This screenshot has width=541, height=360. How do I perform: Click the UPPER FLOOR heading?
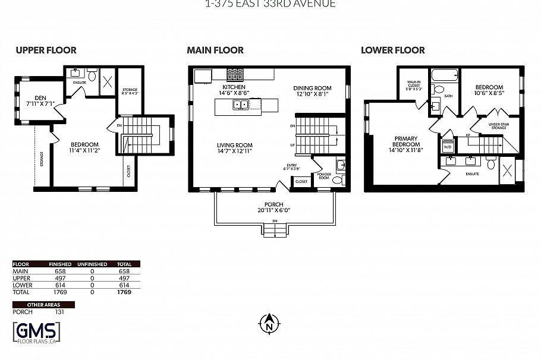point(46,50)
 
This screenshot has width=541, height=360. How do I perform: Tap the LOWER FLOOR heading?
point(393,50)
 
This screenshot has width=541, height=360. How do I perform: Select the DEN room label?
point(40,98)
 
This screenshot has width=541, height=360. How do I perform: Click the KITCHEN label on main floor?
point(234,87)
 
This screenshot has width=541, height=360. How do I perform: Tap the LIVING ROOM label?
point(234,145)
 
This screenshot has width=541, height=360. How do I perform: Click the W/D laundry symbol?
point(447,146)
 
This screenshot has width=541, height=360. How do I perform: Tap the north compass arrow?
point(269,323)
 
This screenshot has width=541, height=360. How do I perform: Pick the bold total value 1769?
point(124,292)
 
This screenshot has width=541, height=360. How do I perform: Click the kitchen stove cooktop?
point(234,74)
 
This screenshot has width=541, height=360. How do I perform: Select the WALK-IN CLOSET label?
point(414,85)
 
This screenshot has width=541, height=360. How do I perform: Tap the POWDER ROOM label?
point(323,175)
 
